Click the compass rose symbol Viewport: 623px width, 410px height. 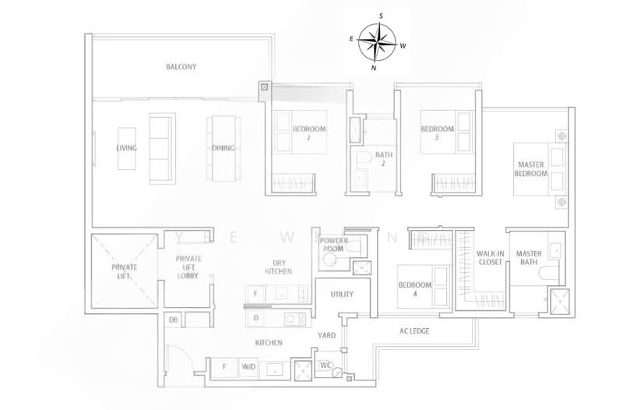point(377,41)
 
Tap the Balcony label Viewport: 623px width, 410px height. point(181,67)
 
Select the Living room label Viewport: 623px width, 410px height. point(126,147)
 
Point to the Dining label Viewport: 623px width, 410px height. point(221,147)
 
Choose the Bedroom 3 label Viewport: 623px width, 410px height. point(437,133)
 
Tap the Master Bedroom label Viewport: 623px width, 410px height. point(533,169)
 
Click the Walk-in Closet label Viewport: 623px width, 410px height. point(489,258)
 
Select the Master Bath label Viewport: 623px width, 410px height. point(529,258)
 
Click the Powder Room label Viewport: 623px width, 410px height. point(335,245)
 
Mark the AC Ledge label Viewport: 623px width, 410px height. point(414,331)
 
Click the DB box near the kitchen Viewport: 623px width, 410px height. point(172,320)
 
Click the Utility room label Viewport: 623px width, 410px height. point(342,294)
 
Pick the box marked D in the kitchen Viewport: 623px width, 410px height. point(256,318)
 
